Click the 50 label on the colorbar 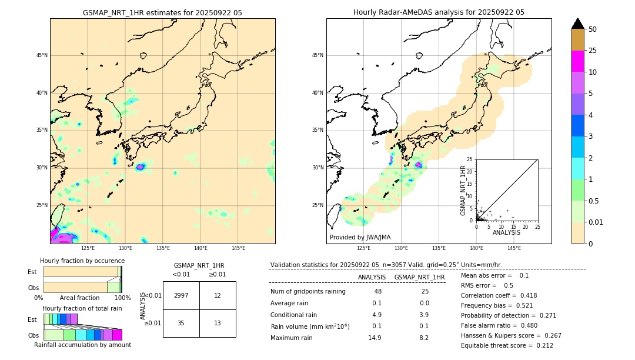pos(593,29)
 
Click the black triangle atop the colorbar pos(578,24)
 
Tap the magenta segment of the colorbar pos(578,61)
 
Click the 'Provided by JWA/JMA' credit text pos(360,237)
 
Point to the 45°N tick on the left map pos(42,55)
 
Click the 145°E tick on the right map pos(514,248)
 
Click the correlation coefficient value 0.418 pos(525,295)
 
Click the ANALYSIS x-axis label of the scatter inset pos(506,232)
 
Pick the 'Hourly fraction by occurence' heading pos(82,261)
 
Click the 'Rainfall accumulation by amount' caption pos(82,345)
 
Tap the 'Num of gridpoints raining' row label pos(308,291)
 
